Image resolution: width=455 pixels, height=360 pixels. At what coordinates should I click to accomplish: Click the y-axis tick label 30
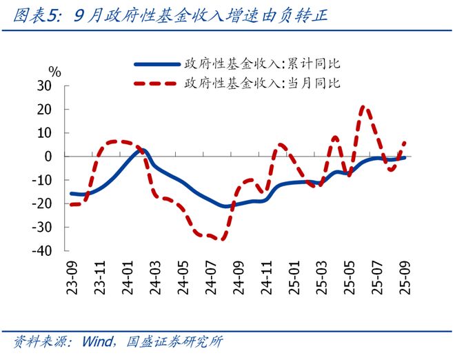[x=45, y=86]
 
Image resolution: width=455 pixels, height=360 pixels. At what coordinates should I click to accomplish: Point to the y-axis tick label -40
[x=43, y=250]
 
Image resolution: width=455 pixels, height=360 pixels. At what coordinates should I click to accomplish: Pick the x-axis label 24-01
[x=128, y=278]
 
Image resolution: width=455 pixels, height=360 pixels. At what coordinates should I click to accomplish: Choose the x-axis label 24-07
[x=212, y=278]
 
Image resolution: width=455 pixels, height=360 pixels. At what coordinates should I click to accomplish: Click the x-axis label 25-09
[x=405, y=278]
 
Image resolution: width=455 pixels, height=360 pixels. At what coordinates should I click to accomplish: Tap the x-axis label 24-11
[x=267, y=278]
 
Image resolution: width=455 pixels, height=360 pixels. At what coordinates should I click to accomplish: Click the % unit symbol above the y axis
[x=54, y=72]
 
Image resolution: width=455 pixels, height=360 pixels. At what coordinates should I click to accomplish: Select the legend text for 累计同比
[x=262, y=64]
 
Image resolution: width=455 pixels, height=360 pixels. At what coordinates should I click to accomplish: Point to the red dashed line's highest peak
[x=365, y=107]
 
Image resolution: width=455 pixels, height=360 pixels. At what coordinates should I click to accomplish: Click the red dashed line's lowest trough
[x=221, y=239]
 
